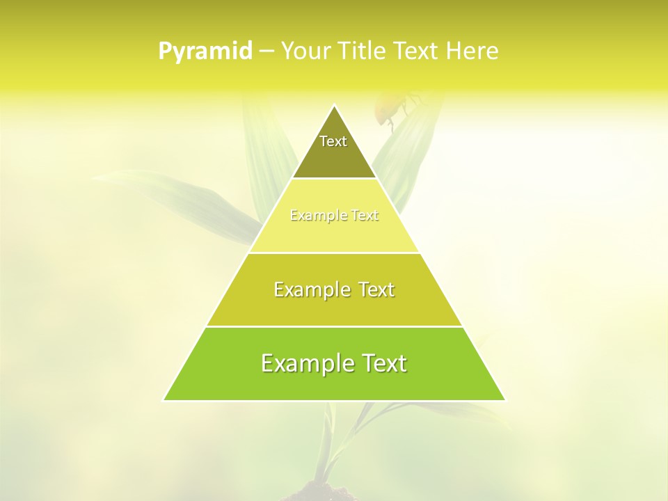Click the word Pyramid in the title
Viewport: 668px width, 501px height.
pos(205,51)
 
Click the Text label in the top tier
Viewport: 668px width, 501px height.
pos(333,141)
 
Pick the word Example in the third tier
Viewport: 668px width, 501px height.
pos(311,289)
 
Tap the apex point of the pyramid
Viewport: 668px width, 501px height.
pos(334,106)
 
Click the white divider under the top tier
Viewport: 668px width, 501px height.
pos(334,179)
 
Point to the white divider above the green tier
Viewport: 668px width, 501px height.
pos(334,326)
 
